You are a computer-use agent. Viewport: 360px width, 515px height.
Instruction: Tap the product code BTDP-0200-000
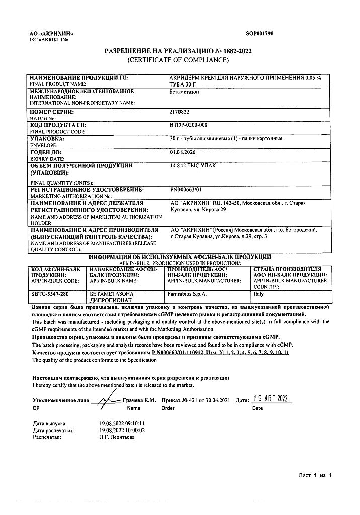coord(189,125)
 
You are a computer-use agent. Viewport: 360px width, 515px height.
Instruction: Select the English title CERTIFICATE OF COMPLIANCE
coord(178,60)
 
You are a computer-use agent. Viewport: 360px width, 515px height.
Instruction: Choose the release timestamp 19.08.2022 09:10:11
coord(122,424)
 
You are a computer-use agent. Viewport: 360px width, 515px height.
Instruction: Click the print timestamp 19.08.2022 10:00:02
coord(122,431)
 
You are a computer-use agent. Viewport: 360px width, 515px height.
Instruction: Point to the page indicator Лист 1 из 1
coord(315,475)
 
